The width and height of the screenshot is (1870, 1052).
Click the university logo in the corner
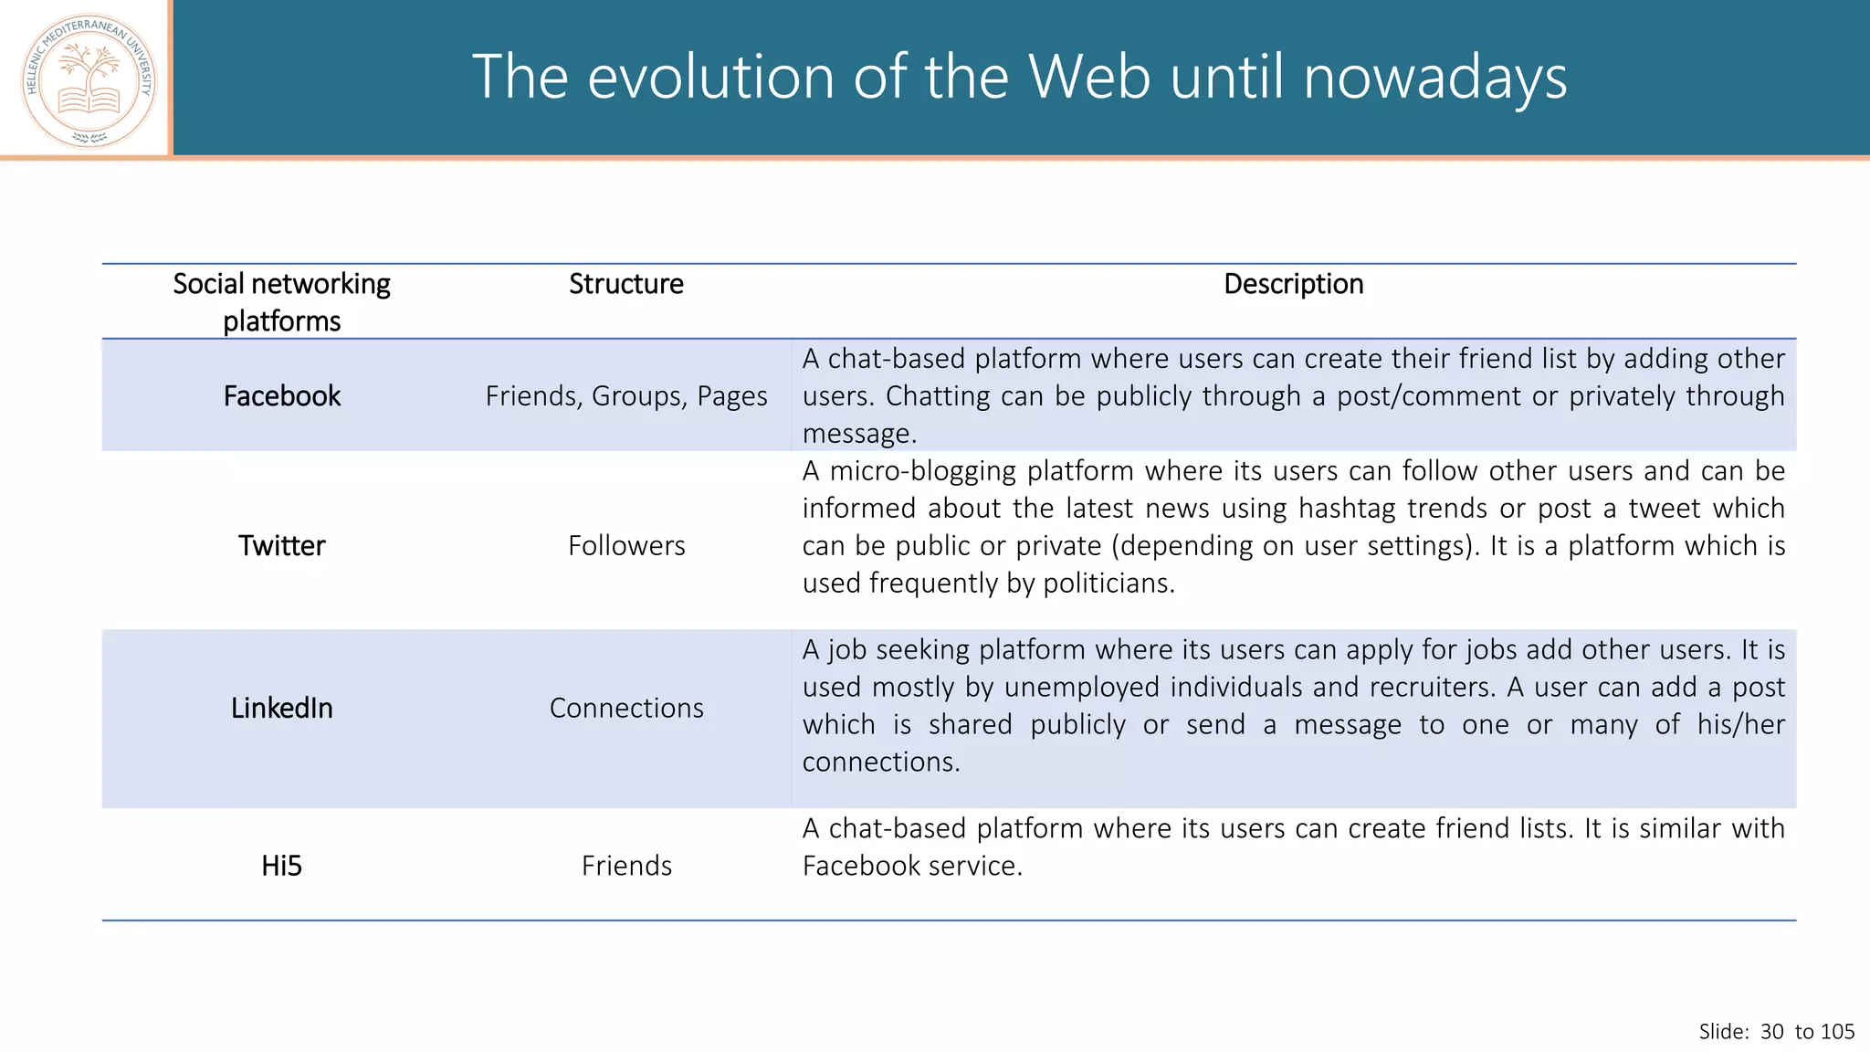pos(89,80)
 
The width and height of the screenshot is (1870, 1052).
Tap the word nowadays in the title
pos(1434,79)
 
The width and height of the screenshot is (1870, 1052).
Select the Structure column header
pos(625,284)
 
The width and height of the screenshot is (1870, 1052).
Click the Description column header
pos(1293,284)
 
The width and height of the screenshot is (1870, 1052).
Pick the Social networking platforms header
pos(281,302)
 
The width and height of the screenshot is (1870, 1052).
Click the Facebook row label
pos(281,395)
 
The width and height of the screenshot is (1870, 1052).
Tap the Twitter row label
pos(281,545)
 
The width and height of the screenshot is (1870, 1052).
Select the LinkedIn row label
pos(281,708)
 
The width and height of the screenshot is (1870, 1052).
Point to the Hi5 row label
pos(281,865)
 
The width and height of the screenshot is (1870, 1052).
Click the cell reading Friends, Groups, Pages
pos(625,395)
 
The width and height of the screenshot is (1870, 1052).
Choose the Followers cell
pos(625,545)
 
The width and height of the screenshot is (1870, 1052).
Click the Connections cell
pos(625,708)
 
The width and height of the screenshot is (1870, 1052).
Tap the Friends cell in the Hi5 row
pos(625,865)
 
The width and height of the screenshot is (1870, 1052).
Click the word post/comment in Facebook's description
pos(1420,396)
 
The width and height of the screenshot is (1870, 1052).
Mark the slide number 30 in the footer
pos(1771,1032)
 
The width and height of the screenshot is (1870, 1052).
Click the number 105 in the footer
pos(1837,1032)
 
